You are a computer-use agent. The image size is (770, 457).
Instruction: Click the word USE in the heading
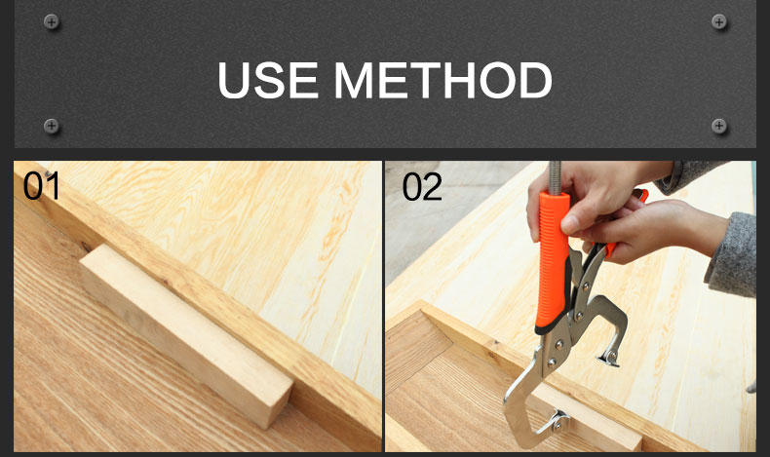click(x=267, y=81)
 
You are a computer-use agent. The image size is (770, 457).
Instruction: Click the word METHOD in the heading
click(x=443, y=81)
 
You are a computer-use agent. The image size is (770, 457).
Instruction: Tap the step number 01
click(x=41, y=186)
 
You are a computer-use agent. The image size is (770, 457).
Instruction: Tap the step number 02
click(x=422, y=186)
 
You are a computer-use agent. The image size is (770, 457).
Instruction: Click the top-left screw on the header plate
click(x=51, y=21)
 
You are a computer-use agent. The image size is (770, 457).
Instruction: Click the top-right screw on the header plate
click(x=719, y=21)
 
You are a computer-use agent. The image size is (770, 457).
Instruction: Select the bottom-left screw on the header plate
click(x=51, y=126)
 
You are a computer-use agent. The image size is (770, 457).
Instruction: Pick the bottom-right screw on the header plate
click(x=719, y=126)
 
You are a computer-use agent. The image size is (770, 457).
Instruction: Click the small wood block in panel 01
click(x=186, y=334)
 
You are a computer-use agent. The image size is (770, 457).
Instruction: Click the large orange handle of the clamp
click(x=554, y=260)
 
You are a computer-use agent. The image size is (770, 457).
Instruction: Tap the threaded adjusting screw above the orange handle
click(x=555, y=176)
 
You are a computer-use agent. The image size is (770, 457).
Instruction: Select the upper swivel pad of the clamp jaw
click(x=610, y=358)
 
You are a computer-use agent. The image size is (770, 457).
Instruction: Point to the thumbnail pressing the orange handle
click(x=569, y=222)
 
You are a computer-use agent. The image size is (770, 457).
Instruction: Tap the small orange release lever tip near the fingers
click(x=640, y=195)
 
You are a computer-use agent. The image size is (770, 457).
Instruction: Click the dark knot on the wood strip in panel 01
click(x=87, y=246)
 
